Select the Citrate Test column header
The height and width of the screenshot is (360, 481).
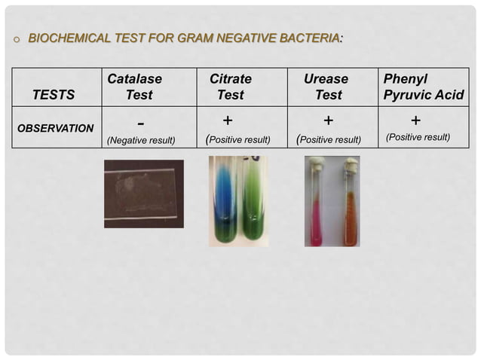(230, 87)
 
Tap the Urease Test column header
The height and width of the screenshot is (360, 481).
(326, 87)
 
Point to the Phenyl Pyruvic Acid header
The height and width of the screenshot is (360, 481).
(424, 87)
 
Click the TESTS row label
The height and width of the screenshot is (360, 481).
(54, 96)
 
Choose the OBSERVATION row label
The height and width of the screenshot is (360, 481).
(56, 128)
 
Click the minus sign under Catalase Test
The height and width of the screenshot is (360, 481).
(142, 122)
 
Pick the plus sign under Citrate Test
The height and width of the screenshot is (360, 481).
(228, 120)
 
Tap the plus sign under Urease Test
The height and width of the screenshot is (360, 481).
(328, 120)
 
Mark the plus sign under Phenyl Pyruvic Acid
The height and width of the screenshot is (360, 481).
(415, 120)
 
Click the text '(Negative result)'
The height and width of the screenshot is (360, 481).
(141, 140)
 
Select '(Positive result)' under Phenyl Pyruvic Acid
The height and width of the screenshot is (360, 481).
(418, 137)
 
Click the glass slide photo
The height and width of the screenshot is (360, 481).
(143, 194)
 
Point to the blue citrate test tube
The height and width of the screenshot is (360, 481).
(225, 202)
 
